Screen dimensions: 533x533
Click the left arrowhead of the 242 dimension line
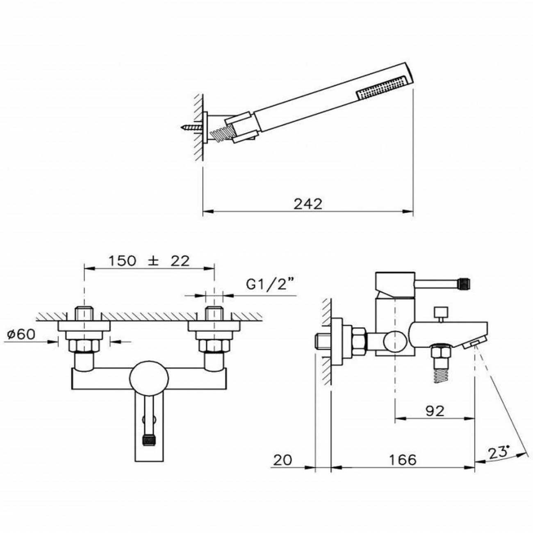pos(208,212)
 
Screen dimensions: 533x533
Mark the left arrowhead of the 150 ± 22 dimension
pos(89,268)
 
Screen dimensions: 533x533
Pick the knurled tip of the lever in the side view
pos(464,283)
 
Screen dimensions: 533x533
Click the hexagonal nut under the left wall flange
pos(84,345)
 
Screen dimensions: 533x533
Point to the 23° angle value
pos(499,453)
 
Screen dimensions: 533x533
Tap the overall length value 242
pos(308,205)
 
